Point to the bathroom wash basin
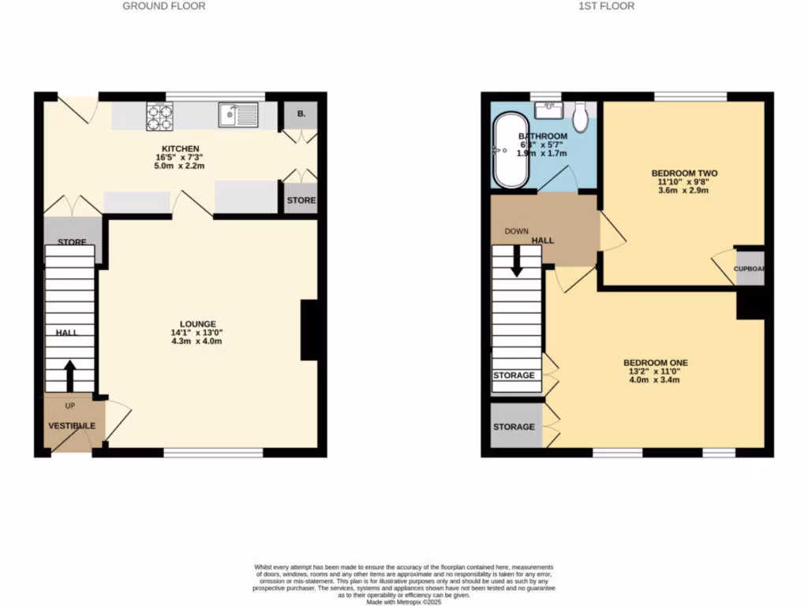[547, 108]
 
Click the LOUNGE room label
[197, 324]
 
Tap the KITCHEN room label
[181, 148]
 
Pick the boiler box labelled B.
[301, 114]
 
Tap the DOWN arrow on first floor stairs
[517, 261]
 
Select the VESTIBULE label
[72, 426]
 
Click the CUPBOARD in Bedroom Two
[750, 268]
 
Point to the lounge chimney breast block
[309, 330]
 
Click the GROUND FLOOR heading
[164, 6]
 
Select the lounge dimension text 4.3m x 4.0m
[197, 341]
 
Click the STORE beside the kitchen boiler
[301, 200]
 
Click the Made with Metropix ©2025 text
[403, 601]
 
